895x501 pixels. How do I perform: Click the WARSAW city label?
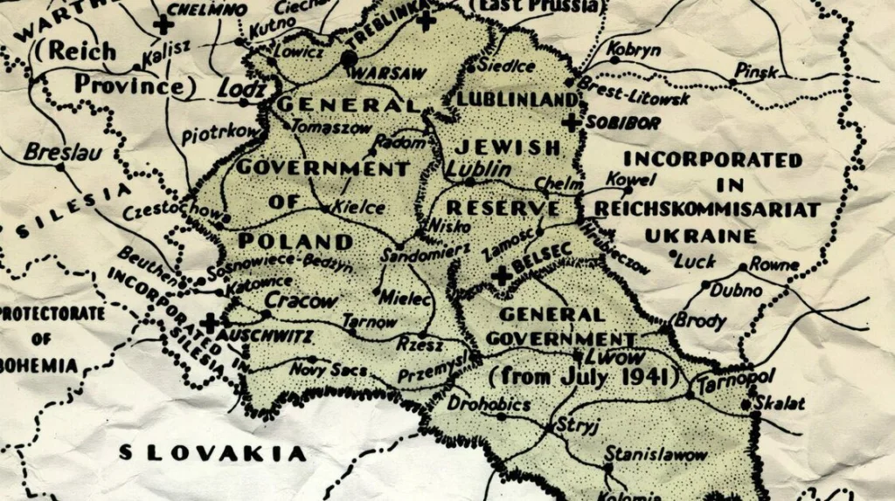390,73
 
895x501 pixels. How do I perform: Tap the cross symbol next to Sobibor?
571,122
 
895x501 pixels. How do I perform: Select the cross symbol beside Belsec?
502,275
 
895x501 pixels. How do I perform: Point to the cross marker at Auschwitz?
210,321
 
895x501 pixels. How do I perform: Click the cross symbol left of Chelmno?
162,24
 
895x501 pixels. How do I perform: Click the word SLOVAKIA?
212,453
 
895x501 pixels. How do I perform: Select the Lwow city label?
617,356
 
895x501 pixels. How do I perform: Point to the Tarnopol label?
724,381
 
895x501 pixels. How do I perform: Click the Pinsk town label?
755,70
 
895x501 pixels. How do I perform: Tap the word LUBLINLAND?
517,100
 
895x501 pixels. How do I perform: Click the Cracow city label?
300,301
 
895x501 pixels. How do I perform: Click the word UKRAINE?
700,236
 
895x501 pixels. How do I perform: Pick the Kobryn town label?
634,50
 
